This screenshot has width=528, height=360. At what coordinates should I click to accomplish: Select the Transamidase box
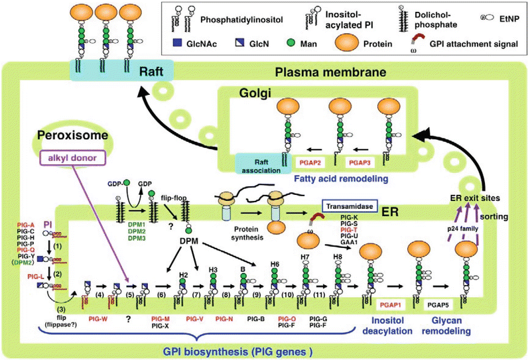pos(353,207)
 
